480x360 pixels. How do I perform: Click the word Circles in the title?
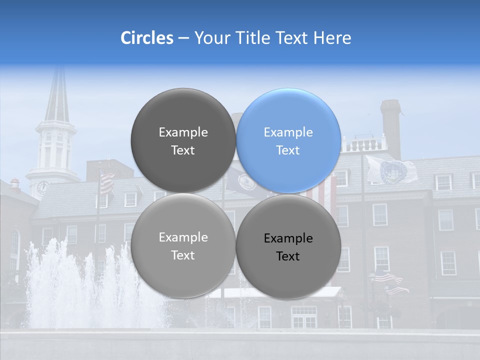point(146,38)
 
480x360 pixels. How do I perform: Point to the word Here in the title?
point(333,38)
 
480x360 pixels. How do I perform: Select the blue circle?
point(288,141)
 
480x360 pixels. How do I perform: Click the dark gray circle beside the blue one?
point(183,141)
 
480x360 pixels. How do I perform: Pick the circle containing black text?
point(288,246)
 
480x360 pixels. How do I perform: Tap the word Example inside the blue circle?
point(288,132)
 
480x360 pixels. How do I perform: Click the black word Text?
point(288,256)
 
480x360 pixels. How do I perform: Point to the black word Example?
point(288,238)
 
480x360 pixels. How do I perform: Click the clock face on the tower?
point(42,187)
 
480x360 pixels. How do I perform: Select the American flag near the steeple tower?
point(106,183)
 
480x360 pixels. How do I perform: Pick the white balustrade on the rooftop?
point(364,145)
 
